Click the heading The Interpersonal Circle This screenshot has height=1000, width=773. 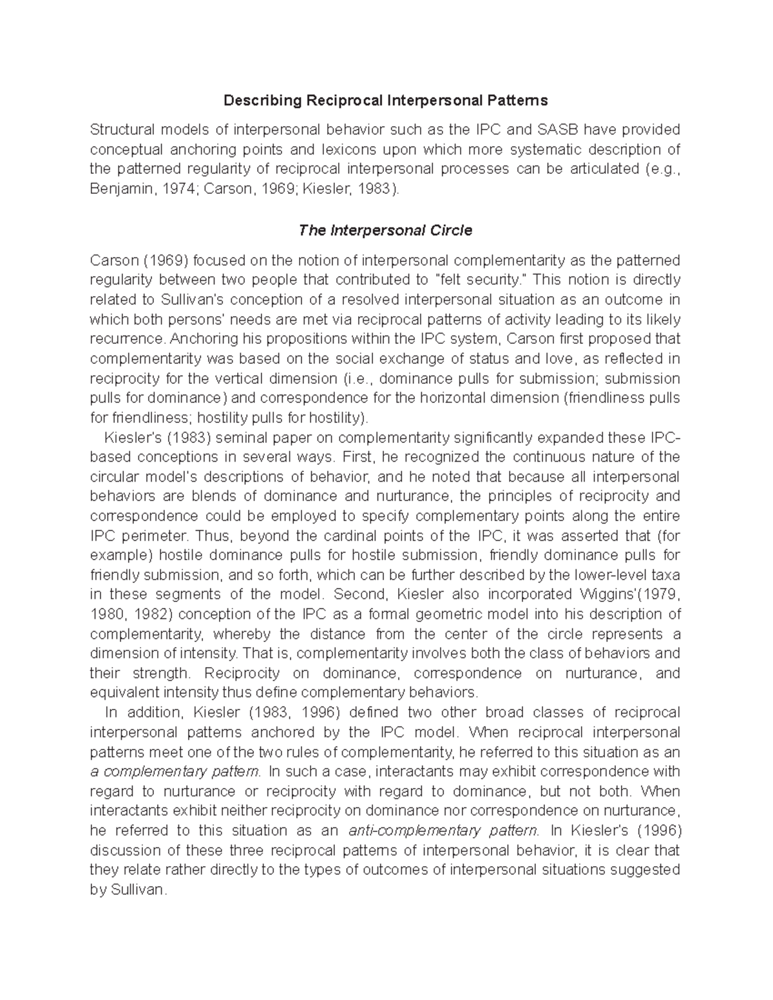(385, 231)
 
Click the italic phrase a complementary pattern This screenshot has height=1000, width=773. (175, 771)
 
